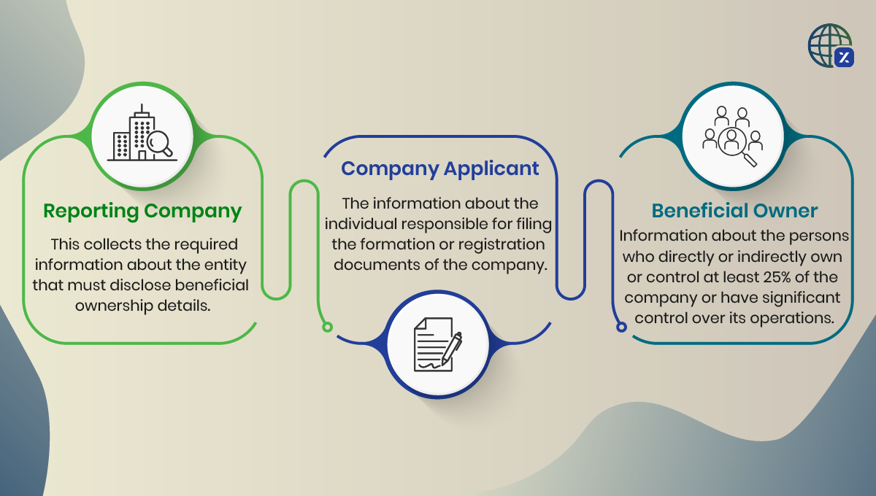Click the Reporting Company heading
[x=142, y=211]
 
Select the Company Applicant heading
[x=440, y=168]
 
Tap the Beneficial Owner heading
[x=734, y=211]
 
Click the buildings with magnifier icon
[x=143, y=136]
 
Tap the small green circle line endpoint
[x=327, y=327]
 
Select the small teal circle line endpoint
[x=621, y=327]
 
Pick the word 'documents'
[x=369, y=264]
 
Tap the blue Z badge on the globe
[x=844, y=58]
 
